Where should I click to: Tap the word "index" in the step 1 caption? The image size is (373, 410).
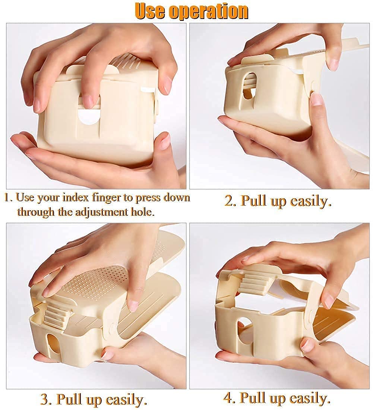point(85,197)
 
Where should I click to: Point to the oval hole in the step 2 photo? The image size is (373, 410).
point(249,86)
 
